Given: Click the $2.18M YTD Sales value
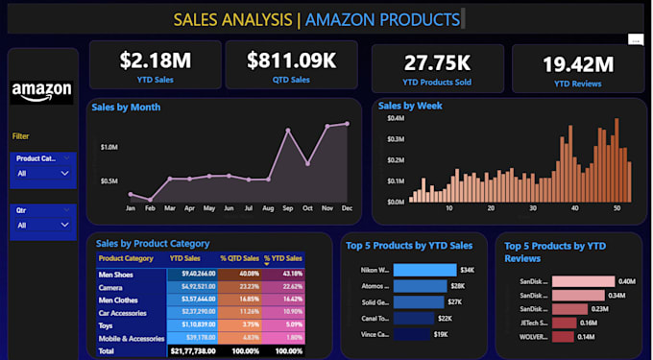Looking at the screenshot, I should (x=156, y=60).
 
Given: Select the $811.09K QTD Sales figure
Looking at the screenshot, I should (x=291, y=60).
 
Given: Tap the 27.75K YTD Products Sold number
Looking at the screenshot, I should (x=437, y=63).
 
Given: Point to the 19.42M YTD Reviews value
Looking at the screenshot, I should (x=577, y=64).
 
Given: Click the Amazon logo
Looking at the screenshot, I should (x=41, y=91).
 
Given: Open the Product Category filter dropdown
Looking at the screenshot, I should (x=42, y=173).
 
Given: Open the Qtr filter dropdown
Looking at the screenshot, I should (x=42, y=225).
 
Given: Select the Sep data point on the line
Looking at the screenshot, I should (x=287, y=130).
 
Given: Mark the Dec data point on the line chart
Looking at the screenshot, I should (x=347, y=123).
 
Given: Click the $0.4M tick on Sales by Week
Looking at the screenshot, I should (x=394, y=119).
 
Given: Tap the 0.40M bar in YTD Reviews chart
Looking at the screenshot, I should (x=581, y=281).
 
